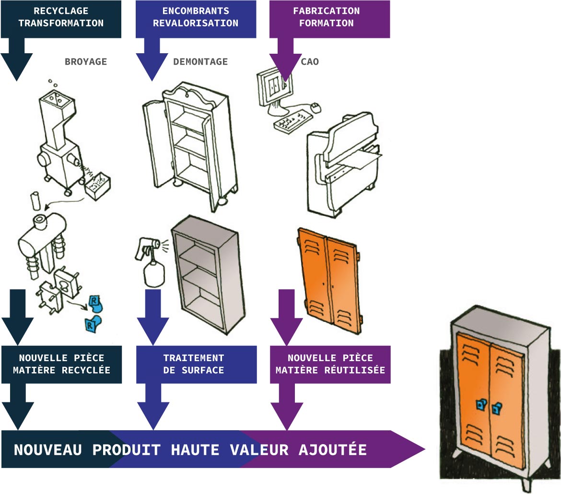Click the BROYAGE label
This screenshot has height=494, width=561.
coord(85,62)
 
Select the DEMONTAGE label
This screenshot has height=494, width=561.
coord(200,62)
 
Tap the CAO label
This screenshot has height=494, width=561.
coord(310,62)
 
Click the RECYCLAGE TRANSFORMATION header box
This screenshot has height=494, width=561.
coord(61,18)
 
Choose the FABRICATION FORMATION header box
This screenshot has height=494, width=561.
coord(329,18)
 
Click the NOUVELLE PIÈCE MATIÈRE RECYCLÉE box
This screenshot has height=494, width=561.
coord(61,364)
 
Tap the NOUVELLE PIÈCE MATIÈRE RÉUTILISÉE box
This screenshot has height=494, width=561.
coord(330,364)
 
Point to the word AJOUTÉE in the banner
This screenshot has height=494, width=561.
coord(333,450)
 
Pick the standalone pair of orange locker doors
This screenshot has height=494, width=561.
coord(328,280)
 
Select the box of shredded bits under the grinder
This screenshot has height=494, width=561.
coord(97,185)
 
